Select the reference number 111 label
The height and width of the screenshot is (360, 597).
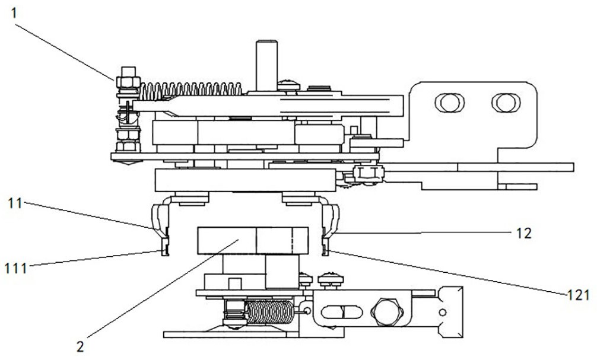tap(17, 268)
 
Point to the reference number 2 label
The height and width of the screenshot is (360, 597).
tap(80, 346)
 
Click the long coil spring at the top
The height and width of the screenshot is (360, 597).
tap(190, 90)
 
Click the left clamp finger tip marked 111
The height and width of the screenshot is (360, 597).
tap(164, 252)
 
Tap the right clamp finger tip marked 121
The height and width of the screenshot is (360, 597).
tap(325, 252)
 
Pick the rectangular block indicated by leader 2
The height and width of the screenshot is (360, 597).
tap(252, 241)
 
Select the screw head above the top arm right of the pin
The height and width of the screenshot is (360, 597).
tap(288, 85)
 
